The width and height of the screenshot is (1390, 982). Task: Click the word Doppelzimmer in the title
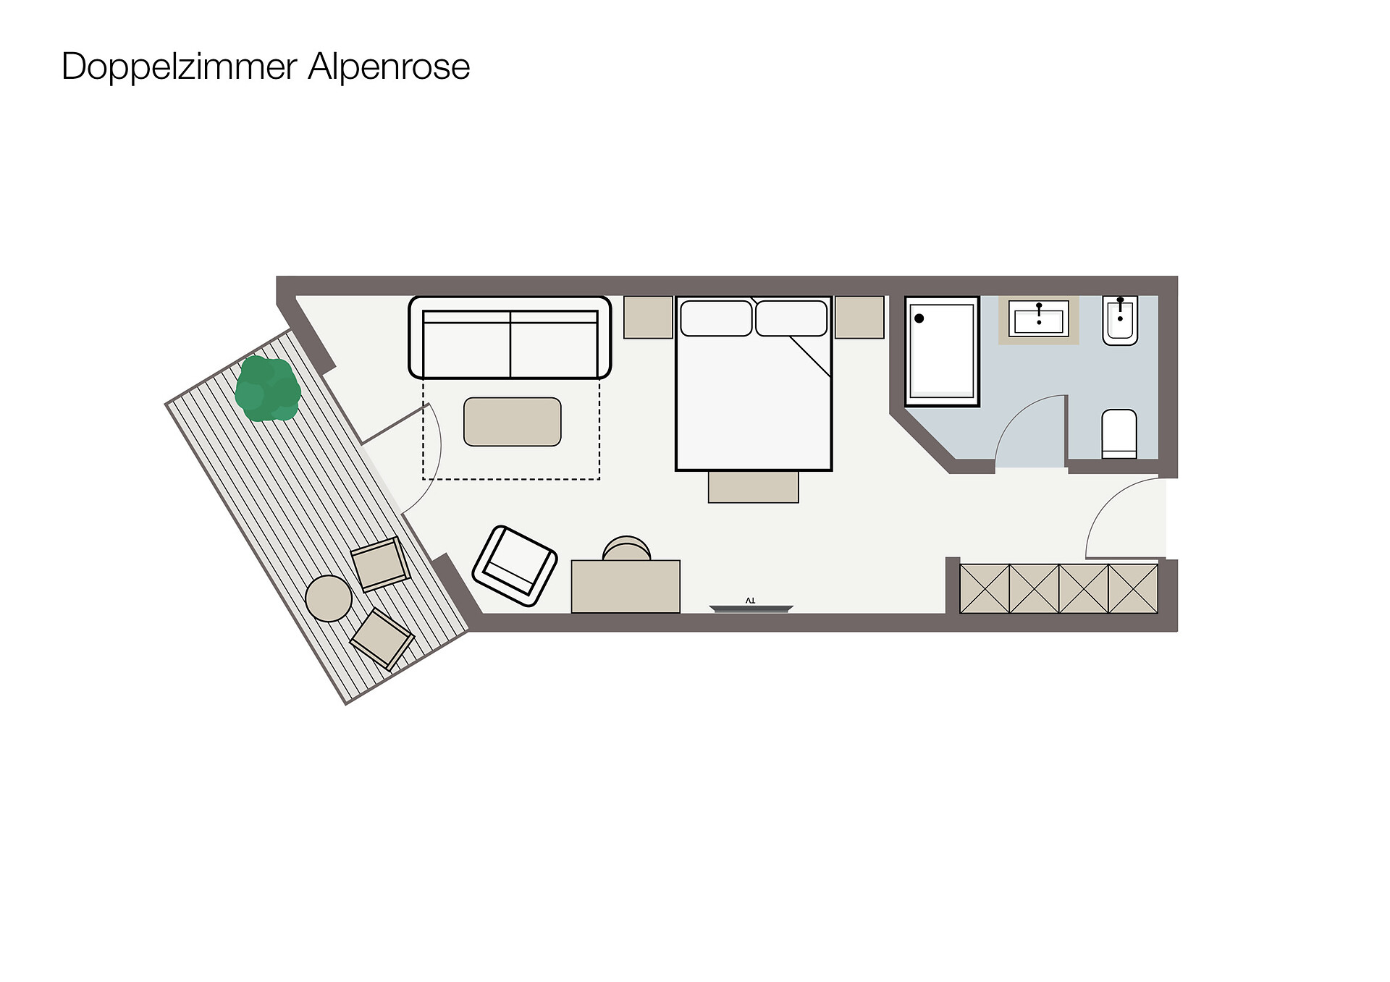[180, 67]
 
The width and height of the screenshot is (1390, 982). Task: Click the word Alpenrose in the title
[389, 67]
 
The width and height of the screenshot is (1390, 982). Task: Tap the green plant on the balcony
[267, 389]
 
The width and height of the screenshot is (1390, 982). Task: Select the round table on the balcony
[329, 598]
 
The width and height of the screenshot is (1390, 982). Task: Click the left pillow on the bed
[716, 318]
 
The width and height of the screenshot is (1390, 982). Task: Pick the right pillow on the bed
[791, 318]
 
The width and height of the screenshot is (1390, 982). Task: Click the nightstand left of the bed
[649, 317]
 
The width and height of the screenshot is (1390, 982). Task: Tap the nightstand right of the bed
[859, 317]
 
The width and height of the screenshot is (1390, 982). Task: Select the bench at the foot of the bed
[754, 487]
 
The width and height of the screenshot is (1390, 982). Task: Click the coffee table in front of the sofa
[513, 422]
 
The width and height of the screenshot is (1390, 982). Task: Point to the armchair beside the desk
[515, 566]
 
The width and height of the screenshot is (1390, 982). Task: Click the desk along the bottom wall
[625, 586]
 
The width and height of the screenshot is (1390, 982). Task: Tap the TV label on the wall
[750, 601]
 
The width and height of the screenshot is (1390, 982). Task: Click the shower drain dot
[919, 318]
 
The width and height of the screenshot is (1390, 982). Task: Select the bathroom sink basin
[1039, 320]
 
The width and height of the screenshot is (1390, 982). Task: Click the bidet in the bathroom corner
[1120, 320]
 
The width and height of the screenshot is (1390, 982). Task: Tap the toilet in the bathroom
[1119, 434]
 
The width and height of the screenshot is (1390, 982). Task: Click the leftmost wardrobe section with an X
[985, 589]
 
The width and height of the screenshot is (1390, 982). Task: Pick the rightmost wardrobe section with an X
[1133, 589]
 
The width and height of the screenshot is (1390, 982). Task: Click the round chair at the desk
[626, 548]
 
